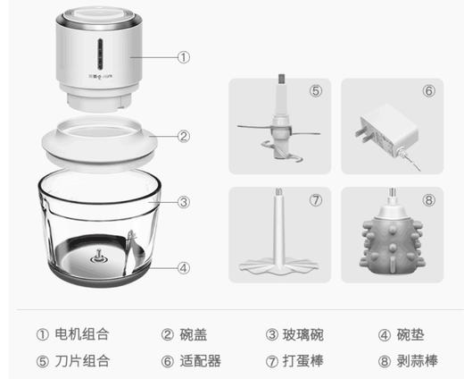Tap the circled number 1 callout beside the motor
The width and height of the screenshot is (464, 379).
tap(183, 56)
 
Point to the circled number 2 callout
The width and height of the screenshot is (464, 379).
tap(183, 137)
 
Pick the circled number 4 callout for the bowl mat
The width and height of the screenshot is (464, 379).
tap(183, 265)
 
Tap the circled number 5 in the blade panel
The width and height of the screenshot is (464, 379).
tap(315, 90)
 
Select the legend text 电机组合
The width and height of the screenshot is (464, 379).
tap(82, 334)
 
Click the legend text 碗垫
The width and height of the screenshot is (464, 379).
tap(409, 334)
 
